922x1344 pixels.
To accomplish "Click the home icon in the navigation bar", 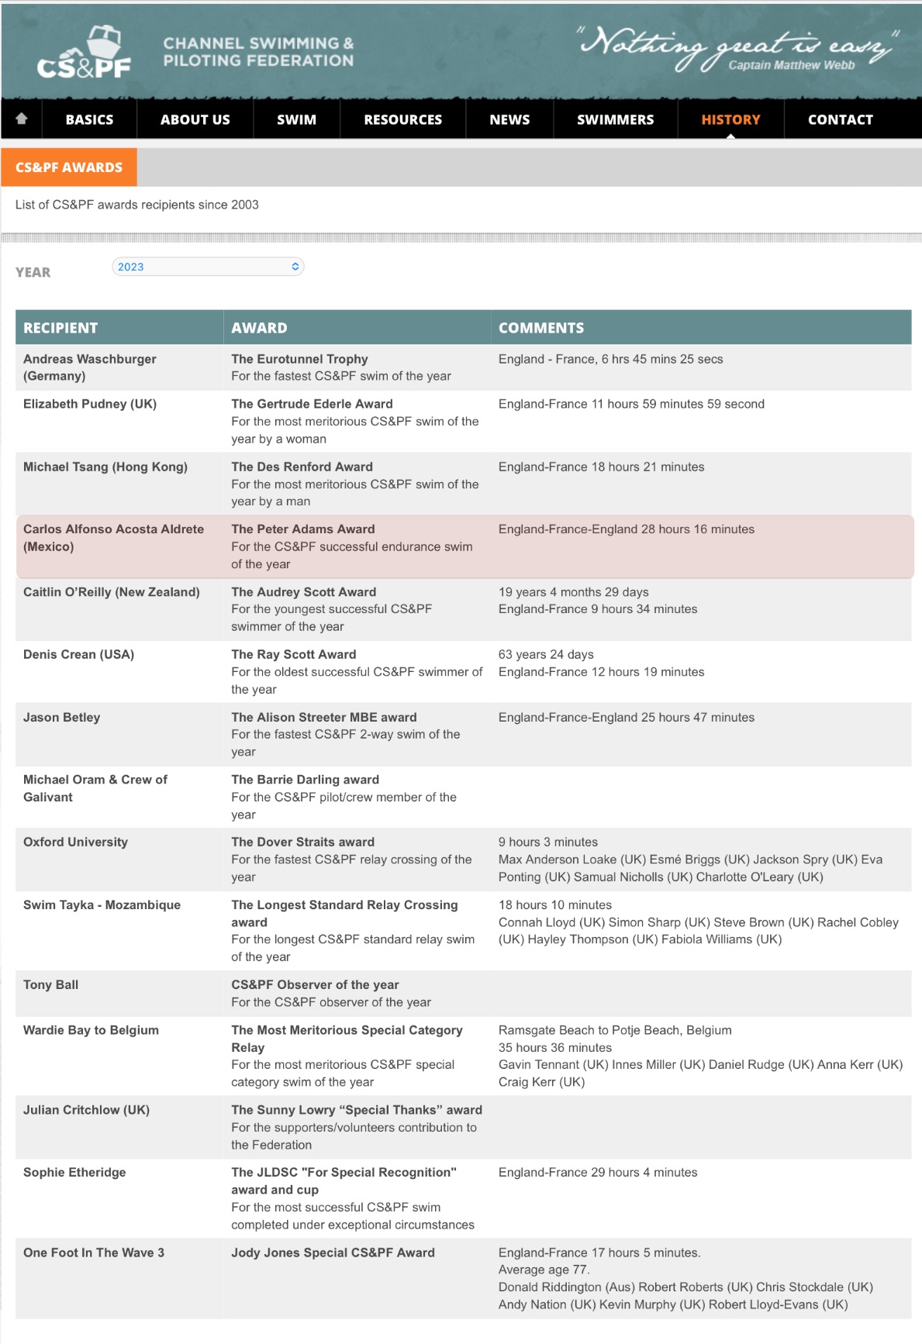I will coord(22,119).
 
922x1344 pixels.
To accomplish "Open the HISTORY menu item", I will coord(730,119).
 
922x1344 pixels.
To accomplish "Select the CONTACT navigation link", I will coord(840,119).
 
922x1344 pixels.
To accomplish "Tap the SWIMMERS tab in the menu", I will coord(615,119).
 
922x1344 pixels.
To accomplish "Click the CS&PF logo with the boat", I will coord(85,53).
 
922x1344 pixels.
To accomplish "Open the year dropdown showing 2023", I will coord(208,267).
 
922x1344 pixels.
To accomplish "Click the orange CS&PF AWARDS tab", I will coord(69,167).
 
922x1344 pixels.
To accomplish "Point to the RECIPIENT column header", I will coord(60,328).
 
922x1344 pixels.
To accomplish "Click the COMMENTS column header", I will coord(540,328).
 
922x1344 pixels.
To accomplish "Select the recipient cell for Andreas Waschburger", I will coord(90,367).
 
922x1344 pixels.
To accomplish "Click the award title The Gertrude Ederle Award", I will coord(312,404).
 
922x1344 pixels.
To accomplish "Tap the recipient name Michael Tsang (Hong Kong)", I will coord(105,467).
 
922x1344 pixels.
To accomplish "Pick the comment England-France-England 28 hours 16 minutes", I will coord(626,529).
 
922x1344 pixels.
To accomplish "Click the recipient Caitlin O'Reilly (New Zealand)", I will coord(112,592).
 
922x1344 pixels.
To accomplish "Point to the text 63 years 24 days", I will coord(546,655).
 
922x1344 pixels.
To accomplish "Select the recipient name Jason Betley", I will coord(62,718).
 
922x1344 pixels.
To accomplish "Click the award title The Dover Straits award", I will coord(302,843).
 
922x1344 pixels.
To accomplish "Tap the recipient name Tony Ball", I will coord(51,985).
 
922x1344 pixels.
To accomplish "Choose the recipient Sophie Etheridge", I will coord(74,1173).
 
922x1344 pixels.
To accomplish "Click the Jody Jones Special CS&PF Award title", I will coord(333,1253).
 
